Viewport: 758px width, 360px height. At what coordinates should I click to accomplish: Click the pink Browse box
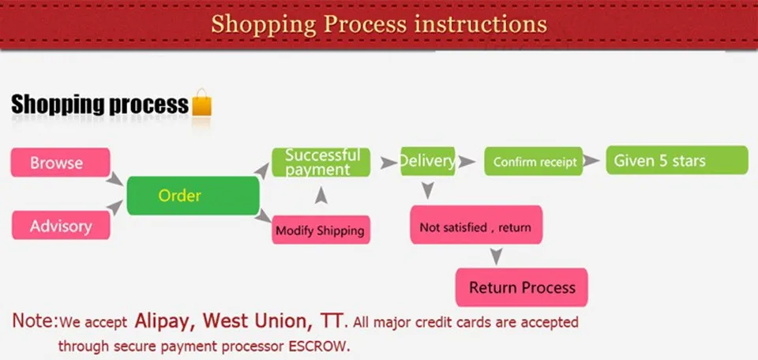[61, 163]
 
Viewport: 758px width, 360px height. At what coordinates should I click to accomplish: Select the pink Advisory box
[61, 225]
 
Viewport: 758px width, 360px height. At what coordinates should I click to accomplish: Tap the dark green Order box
[193, 196]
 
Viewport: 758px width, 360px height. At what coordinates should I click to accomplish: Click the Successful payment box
[321, 162]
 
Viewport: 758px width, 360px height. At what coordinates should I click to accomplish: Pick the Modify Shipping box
[321, 230]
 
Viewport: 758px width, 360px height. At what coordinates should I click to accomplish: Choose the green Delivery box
[428, 161]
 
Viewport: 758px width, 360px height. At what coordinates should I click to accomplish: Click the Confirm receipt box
[534, 161]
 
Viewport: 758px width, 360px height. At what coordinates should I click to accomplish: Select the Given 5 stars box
[677, 160]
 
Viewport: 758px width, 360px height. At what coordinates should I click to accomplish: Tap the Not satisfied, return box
[476, 225]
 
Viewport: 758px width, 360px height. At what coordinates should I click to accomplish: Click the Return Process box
[522, 287]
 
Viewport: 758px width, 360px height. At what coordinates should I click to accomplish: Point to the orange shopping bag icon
[201, 103]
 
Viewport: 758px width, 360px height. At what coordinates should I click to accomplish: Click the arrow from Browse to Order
[114, 178]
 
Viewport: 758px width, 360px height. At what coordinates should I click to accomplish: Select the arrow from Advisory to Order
[114, 208]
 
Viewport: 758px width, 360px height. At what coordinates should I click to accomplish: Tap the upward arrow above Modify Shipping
[321, 195]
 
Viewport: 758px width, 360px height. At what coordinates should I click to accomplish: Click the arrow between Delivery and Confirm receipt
[467, 162]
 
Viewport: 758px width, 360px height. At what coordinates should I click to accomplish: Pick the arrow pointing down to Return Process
[496, 256]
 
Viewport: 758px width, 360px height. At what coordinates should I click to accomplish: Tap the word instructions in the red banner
[481, 24]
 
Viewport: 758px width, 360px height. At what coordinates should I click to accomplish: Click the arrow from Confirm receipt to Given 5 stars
[591, 161]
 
